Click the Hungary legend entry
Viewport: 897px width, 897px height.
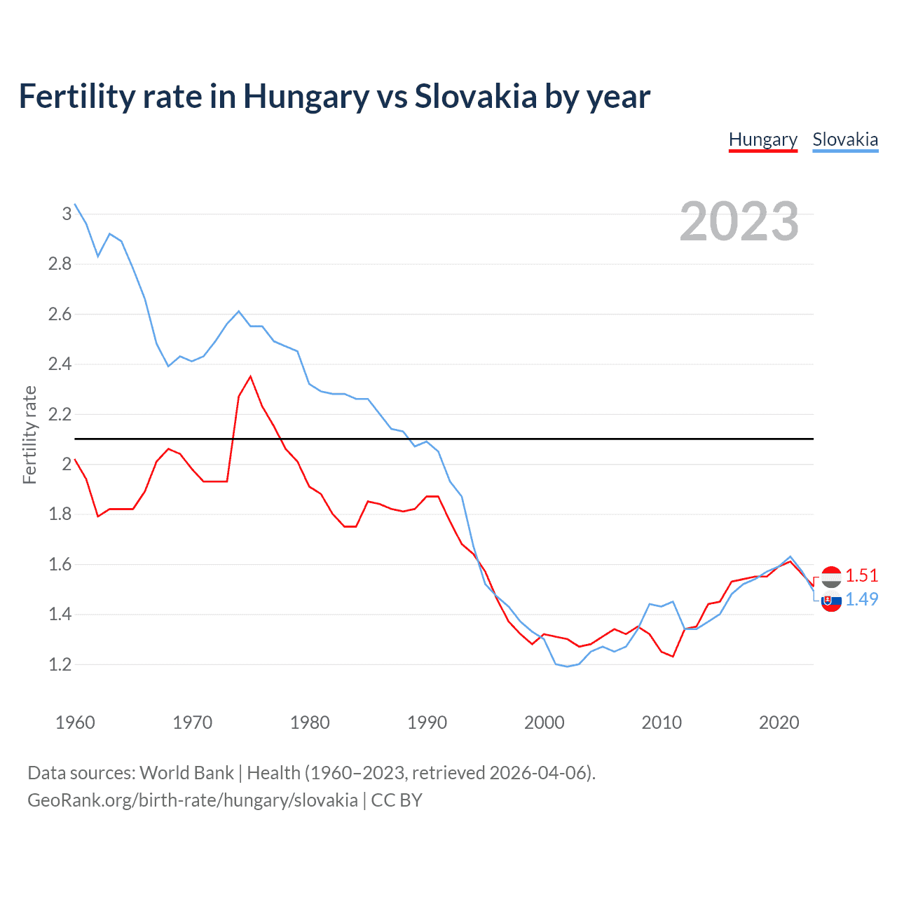point(763,139)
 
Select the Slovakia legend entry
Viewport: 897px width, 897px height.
point(845,139)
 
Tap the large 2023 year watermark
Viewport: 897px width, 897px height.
point(739,221)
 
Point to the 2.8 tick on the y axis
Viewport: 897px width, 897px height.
point(60,264)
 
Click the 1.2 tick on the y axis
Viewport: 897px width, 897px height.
point(60,664)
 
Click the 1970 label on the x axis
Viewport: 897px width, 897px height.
point(192,723)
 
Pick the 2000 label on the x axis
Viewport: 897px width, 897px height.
point(544,723)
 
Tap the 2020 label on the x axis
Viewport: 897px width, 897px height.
point(779,723)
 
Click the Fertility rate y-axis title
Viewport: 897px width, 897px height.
point(29,434)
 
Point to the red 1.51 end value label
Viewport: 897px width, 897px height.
point(861,575)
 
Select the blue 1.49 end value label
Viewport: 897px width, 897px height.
point(861,599)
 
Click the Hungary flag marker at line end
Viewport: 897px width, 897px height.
point(831,577)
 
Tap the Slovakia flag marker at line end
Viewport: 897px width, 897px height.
point(831,601)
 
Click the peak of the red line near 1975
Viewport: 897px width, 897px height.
point(250,376)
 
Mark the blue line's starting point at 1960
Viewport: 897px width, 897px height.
point(75,204)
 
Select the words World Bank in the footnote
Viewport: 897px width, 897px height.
point(186,772)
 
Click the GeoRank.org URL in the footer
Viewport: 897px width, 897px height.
point(193,800)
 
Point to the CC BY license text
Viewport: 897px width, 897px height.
point(397,800)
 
